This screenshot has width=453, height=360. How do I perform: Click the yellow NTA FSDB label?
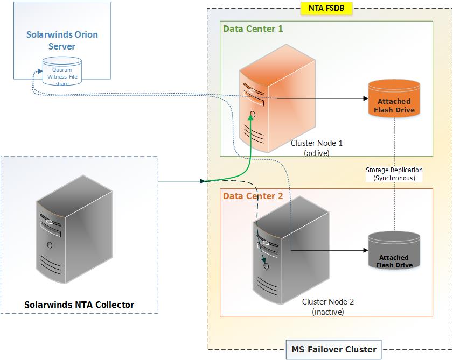click(x=323, y=9)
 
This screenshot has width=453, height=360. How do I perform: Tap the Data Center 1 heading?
click(x=253, y=29)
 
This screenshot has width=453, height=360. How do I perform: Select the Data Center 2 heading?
click(x=253, y=196)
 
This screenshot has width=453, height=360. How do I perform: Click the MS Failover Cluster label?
click(x=333, y=349)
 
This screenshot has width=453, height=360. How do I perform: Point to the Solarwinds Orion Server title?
click(x=62, y=40)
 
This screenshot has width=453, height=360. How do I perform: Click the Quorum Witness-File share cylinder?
click(x=62, y=75)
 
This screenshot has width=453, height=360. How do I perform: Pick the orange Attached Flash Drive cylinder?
click(x=393, y=100)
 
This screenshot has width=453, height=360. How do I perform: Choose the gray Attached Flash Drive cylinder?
click(x=393, y=253)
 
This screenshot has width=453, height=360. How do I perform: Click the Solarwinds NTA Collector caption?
click(x=79, y=305)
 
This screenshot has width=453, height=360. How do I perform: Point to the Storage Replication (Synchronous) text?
click(x=394, y=174)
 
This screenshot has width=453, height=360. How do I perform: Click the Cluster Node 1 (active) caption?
click(x=316, y=148)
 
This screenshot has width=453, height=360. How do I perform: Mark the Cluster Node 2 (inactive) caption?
click(x=327, y=307)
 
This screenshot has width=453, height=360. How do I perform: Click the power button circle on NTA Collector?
click(x=50, y=245)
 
